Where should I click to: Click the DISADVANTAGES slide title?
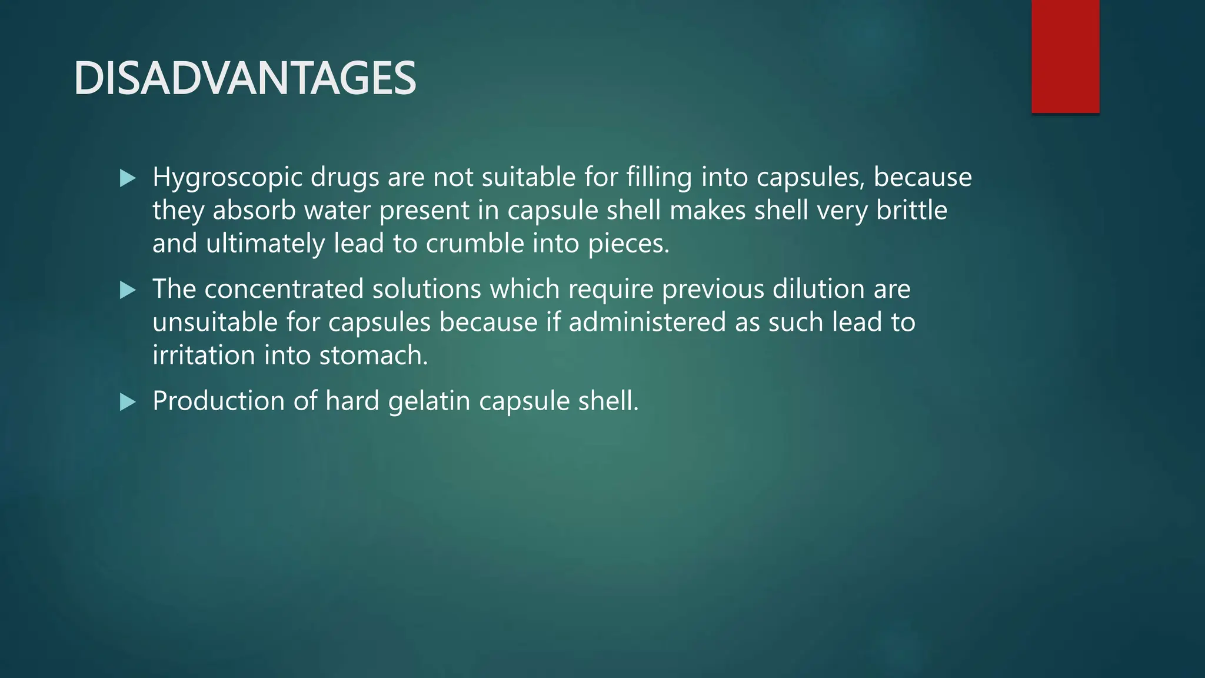(245, 79)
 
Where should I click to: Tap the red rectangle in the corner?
(1065, 56)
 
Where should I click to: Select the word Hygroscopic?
(227, 178)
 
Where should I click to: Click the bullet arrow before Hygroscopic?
(128, 178)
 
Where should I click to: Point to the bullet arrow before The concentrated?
(128, 290)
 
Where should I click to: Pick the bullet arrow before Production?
(128, 402)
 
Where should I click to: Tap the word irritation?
(204, 355)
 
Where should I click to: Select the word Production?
(219, 401)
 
